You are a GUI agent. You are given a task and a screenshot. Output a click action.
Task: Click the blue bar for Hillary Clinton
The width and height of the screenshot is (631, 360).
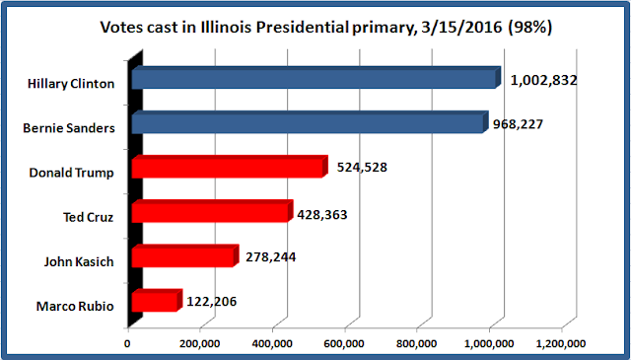(316, 78)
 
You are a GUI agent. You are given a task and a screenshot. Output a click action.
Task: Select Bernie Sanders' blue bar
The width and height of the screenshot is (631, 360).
(311, 122)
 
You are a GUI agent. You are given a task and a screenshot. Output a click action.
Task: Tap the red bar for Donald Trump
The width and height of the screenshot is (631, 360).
(230, 167)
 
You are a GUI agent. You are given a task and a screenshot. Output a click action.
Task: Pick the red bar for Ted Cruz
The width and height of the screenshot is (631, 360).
(213, 211)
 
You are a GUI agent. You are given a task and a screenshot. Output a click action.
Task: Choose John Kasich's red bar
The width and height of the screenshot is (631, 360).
(185, 256)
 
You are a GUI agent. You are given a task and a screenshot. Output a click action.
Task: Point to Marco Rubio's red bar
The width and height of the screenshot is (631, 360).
(158, 301)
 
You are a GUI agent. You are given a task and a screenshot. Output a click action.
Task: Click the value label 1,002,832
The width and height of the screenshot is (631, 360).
(543, 81)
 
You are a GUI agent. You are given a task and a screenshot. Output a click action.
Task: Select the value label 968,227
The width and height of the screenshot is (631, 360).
(518, 124)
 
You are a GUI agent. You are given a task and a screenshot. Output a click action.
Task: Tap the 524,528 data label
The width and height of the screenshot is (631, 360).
(362, 167)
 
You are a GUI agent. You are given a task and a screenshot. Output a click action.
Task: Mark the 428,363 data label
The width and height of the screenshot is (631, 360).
(322, 215)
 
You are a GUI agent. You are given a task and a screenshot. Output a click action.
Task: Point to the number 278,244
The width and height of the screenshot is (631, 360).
(271, 256)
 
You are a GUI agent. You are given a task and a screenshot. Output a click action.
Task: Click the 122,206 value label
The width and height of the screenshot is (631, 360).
(212, 301)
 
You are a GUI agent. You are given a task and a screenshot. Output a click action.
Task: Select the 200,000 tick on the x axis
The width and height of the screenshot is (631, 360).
(200, 344)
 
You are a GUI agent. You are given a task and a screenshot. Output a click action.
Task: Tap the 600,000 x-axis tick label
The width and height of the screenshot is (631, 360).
(344, 344)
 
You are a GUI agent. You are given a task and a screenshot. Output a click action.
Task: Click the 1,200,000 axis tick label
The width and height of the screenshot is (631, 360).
(561, 344)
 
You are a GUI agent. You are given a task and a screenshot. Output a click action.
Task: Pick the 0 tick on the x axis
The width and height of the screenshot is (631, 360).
(127, 344)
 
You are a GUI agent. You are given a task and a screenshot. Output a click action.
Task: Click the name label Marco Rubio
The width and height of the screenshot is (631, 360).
(75, 306)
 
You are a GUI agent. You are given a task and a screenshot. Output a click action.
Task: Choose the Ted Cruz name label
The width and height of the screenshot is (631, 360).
(88, 217)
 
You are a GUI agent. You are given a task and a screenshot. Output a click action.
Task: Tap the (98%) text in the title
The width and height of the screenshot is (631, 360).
(529, 28)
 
